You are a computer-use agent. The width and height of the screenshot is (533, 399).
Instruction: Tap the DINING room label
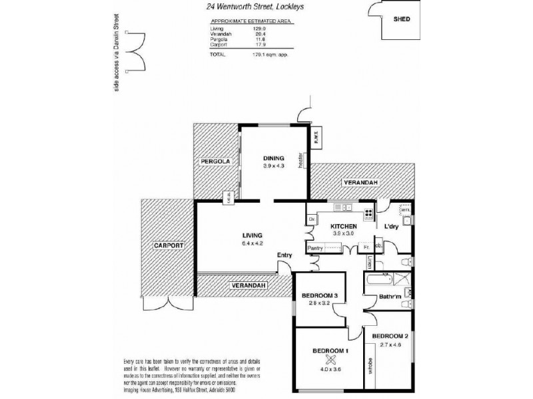(273, 158)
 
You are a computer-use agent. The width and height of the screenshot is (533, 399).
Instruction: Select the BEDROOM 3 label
(320, 295)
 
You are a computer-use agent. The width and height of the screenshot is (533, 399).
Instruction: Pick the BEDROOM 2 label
(390, 336)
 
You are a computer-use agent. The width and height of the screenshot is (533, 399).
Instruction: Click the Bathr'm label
(389, 297)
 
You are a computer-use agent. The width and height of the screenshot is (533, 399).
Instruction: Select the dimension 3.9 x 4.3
(273, 166)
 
